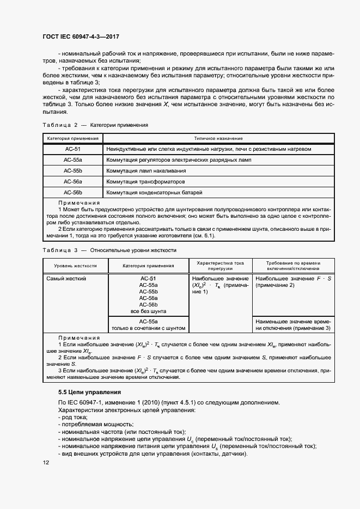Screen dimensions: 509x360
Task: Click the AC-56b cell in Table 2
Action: [x=72, y=192]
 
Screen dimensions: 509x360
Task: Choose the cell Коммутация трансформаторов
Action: [x=145, y=181]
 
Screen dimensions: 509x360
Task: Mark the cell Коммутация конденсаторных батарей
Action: [x=154, y=192]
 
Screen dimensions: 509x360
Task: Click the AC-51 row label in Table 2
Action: [x=72, y=149]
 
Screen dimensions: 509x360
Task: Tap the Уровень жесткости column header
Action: [x=76, y=266]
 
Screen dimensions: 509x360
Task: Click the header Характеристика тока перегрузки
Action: [x=220, y=266]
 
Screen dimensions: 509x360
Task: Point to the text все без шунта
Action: [x=148, y=311]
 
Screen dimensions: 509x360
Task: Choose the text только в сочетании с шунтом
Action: [x=148, y=328]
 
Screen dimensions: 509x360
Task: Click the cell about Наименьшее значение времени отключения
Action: [x=293, y=325]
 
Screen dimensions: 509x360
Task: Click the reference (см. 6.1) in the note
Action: [x=202, y=236]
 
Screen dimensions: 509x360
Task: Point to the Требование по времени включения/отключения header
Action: [x=293, y=266]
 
